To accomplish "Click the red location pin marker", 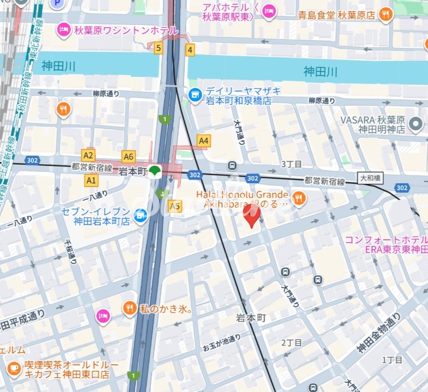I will click(x=251, y=214).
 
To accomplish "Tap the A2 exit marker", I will click(x=88, y=155).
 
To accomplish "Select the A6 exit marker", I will click(x=128, y=157).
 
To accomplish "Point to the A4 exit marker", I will click(x=203, y=141).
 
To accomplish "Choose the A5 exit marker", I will click(x=174, y=206).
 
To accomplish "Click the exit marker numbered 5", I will click(x=158, y=49).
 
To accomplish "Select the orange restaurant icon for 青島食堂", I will click(x=386, y=15).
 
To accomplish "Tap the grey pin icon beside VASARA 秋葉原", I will click(x=416, y=124).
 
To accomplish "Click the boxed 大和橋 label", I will click(x=371, y=177).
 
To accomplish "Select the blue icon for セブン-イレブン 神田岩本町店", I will click(x=140, y=215).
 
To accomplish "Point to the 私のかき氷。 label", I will click(x=166, y=310).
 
